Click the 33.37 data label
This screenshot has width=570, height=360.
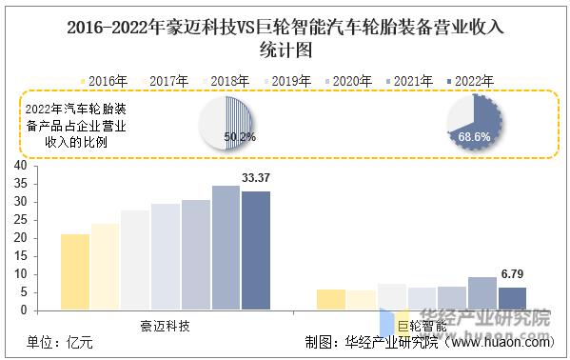(255, 178)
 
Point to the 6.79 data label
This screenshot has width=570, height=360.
(512, 274)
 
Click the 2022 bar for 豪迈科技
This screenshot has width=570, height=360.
(255, 250)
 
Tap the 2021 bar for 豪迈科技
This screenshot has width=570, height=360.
(226, 248)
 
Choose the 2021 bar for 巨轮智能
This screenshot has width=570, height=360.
(482, 293)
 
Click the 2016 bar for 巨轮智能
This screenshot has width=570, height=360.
(331, 299)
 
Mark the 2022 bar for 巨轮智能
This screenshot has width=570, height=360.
(512, 298)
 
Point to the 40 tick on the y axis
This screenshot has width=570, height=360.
(19, 166)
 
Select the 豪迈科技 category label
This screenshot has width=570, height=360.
(165, 326)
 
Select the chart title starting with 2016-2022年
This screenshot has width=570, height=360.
(285, 36)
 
